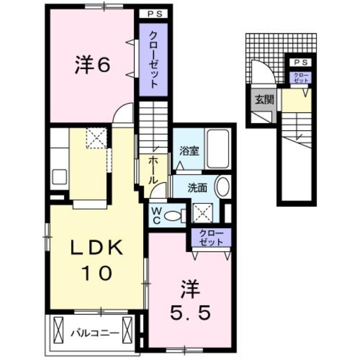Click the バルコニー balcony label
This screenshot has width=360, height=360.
[x=95, y=333]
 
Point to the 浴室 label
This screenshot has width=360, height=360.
[x=189, y=151]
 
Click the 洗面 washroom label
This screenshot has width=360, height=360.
[x=198, y=188]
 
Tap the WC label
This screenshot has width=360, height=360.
[x=157, y=216]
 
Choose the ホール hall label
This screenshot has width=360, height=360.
[x=153, y=171]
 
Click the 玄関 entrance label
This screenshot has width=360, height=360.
[x=264, y=99]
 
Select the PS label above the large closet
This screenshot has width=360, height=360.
[x=155, y=14]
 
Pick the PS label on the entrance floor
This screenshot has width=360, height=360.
[x=301, y=62]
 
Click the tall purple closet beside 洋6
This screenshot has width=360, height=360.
[x=153, y=59]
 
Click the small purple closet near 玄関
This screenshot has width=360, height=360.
[x=301, y=77]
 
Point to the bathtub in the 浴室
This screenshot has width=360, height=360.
[x=218, y=149]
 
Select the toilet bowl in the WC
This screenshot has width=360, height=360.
[x=173, y=216]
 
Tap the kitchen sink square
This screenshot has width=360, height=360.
[x=59, y=177]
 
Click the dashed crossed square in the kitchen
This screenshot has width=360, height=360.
[x=97, y=138]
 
